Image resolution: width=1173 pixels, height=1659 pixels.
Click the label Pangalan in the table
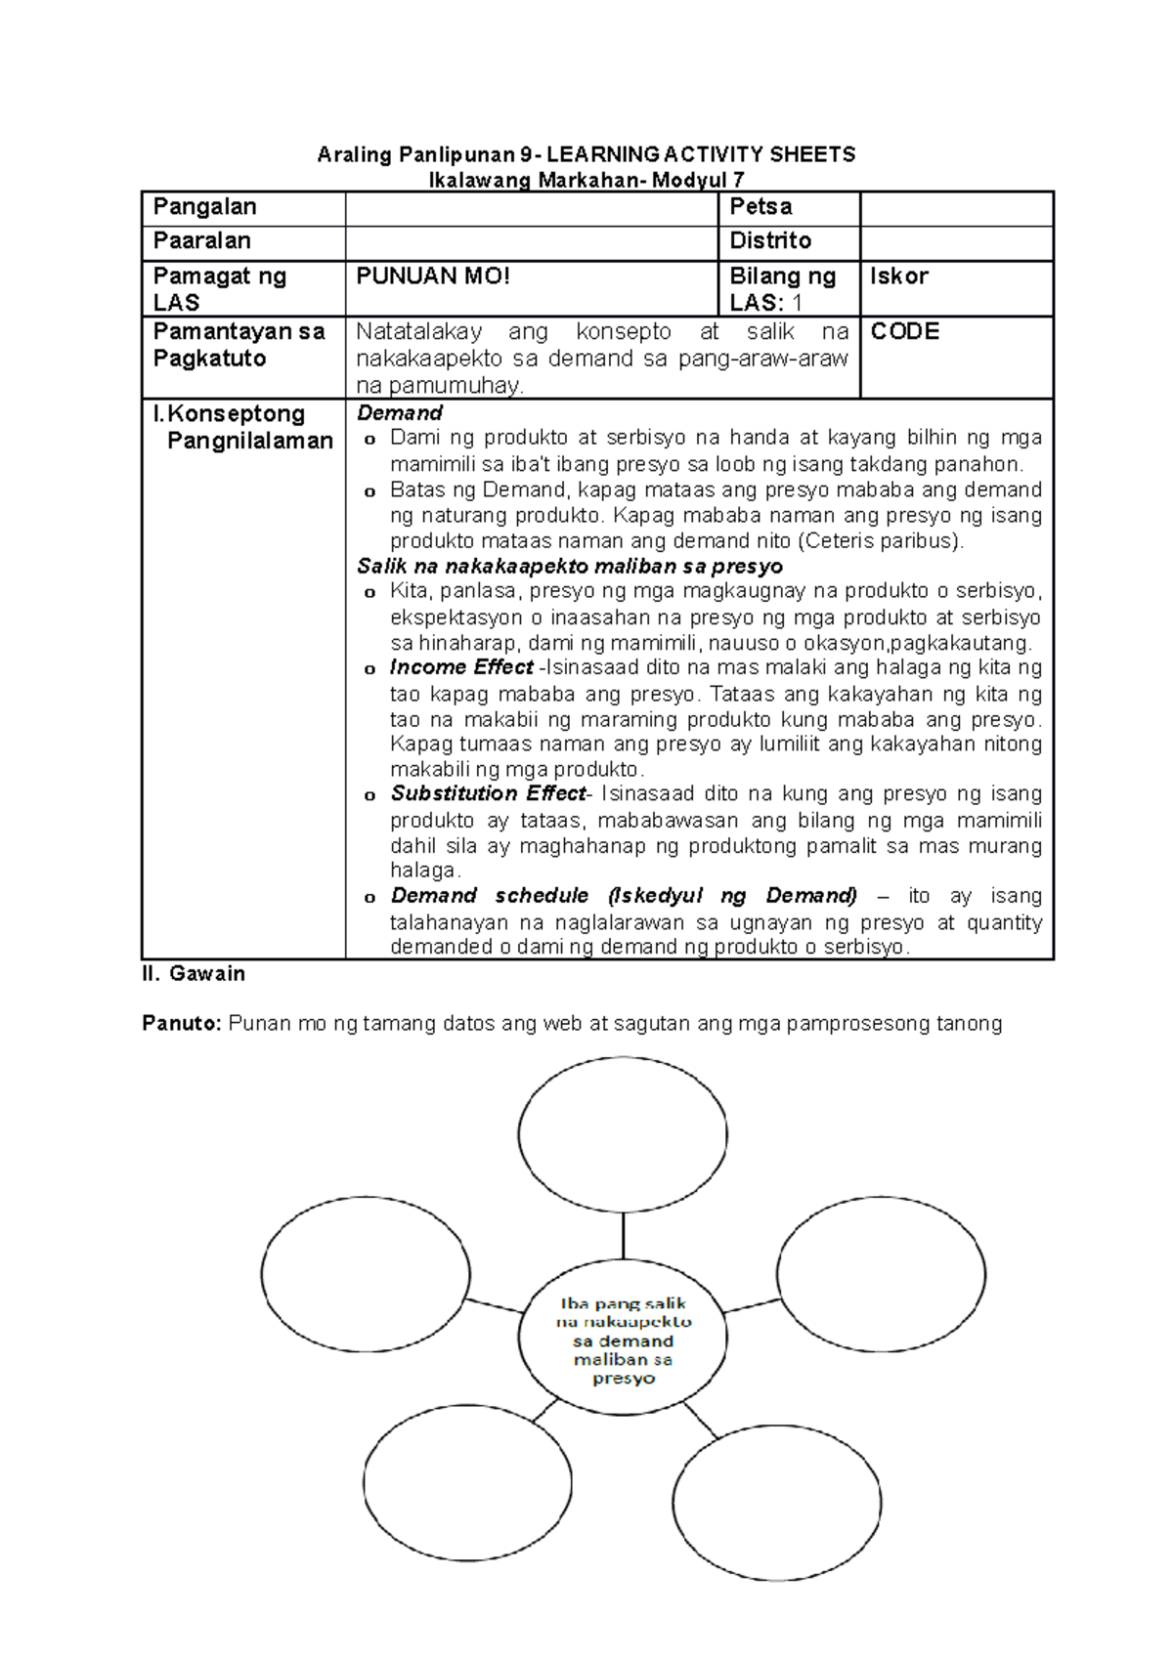[x=204, y=207]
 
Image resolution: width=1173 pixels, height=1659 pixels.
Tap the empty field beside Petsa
[x=955, y=208]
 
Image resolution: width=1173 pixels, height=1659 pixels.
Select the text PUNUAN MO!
[x=432, y=276]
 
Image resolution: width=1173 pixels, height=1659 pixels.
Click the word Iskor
[x=898, y=276]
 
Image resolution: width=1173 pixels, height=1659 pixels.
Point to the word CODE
[x=904, y=332]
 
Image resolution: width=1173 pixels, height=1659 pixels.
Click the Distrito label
[x=770, y=241]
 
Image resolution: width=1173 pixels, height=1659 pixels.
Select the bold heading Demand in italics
[x=400, y=413]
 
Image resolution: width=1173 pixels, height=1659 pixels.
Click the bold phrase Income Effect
[x=461, y=667]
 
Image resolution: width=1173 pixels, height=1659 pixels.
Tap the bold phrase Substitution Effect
[x=488, y=793]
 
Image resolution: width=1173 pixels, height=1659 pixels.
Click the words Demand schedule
[x=490, y=896]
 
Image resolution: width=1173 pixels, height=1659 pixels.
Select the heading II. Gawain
[x=193, y=974]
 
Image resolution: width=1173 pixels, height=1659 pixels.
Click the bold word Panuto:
[x=182, y=1024]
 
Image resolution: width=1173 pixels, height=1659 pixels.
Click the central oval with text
[x=623, y=1340]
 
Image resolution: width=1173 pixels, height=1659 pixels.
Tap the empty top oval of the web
[x=623, y=1135]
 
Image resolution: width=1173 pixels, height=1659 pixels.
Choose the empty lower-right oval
[x=776, y=1502]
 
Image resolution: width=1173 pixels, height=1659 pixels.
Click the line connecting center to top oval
[x=623, y=1237]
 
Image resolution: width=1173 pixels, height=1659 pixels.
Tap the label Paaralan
[x=201, y=241]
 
